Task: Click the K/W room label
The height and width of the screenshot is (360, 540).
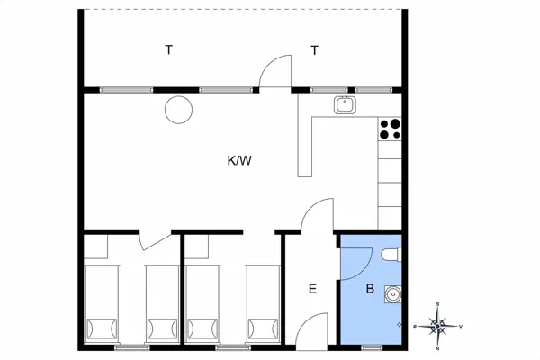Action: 239,160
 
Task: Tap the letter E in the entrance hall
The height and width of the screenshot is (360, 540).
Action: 312,289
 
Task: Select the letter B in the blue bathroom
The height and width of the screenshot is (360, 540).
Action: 370,288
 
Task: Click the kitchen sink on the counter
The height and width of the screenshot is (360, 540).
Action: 345,105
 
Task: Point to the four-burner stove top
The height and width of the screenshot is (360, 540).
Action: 390,130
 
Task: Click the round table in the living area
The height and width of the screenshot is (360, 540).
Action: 178,110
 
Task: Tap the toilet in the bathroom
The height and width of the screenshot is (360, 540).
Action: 391,254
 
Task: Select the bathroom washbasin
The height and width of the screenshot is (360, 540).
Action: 392,294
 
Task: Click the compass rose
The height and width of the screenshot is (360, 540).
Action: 437,326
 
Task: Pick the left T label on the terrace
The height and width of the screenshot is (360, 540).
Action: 169,50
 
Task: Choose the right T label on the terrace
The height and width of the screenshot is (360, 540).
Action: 314,50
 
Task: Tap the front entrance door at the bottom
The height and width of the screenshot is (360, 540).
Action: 311,330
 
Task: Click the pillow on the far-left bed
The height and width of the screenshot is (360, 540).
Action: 102,328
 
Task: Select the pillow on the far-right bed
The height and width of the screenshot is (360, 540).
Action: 263,328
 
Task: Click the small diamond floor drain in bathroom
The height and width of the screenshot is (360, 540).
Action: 399,324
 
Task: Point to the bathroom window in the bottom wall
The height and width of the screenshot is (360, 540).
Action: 372,347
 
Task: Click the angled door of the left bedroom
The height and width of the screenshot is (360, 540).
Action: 155,241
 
